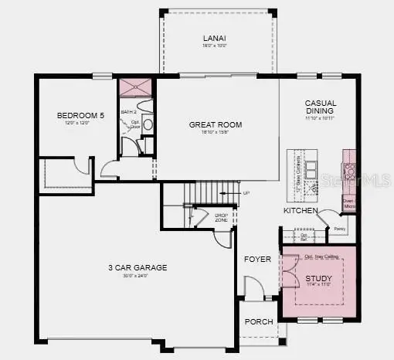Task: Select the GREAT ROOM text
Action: (x=216, y=124)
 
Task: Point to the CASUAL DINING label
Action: (x=321, y=107)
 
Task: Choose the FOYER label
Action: (x=258, y=259)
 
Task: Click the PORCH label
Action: (x=258, y=321)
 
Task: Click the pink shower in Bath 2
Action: (x=135, y=87)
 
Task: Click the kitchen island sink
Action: (x=311, y=168)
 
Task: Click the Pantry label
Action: (x=338, y=229)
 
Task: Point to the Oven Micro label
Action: (x=349, y=203)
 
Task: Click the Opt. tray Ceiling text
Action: (x=319, y=256)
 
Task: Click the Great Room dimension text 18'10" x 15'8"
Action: (x=216, y=134)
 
